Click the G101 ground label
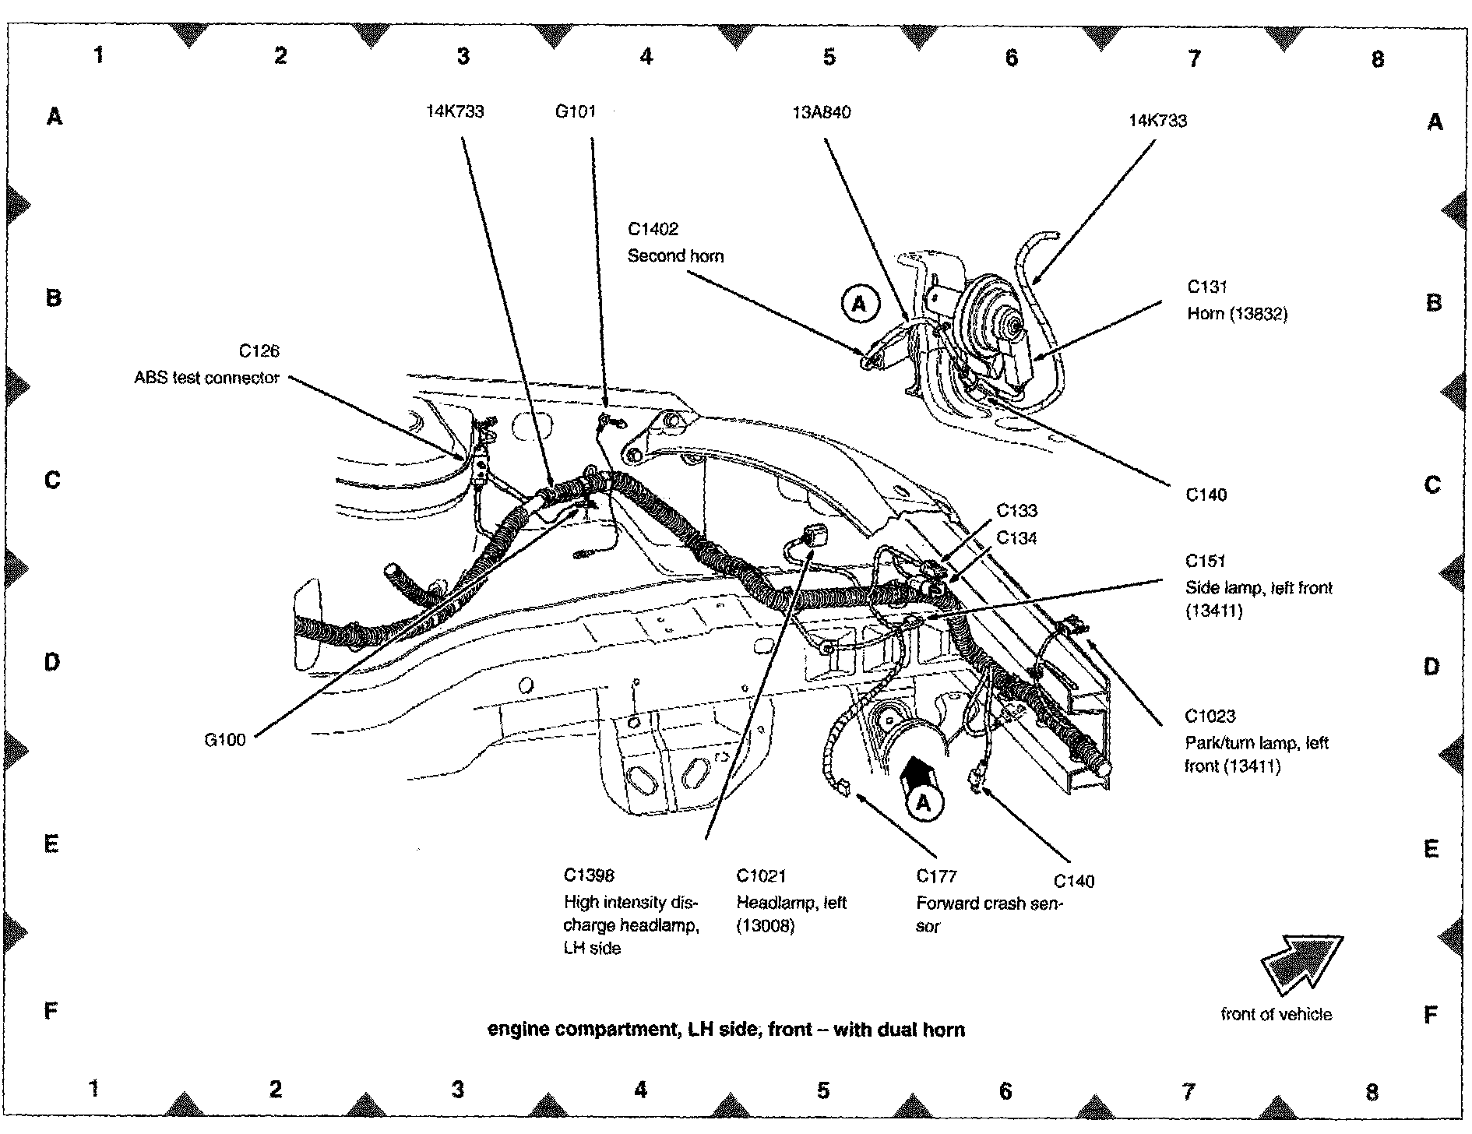coord(575,111)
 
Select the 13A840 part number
coord(822,112)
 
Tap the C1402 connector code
coord(653,229)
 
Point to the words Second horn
coord(675,255)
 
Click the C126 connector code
coord(259,351)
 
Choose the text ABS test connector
coord(206,378)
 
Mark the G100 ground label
coord(225,740)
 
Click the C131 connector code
coord(1207,287)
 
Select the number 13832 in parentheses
coord(1261,314)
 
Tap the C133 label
coord(1017,511)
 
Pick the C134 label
coord(1017,537)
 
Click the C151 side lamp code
coord(1206,561)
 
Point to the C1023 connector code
coord(1210,716)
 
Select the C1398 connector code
coord(589,876)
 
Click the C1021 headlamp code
coord(761,876)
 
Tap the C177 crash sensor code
coord(936,876)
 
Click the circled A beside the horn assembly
coord(859,303)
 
